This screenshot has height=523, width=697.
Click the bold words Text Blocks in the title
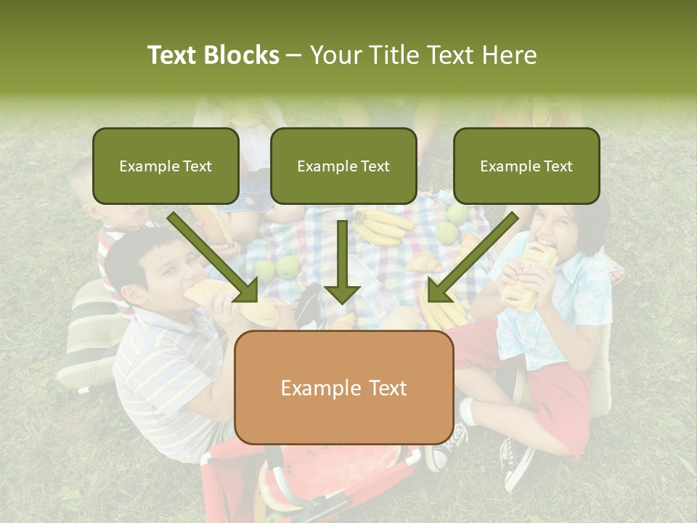pos(213,55)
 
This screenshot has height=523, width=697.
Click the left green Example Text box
pos(166,166)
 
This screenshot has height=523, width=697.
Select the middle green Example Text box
pos(343,166)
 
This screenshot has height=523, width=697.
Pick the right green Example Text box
pos(526,166)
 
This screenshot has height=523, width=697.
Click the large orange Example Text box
pos(343,387)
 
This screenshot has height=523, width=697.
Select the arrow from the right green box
pos(472,258)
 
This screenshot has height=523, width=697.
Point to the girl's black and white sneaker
pos(517,465)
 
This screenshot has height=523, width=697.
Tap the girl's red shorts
pos(559,392)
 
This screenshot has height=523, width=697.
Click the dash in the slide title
pos(294,55)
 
